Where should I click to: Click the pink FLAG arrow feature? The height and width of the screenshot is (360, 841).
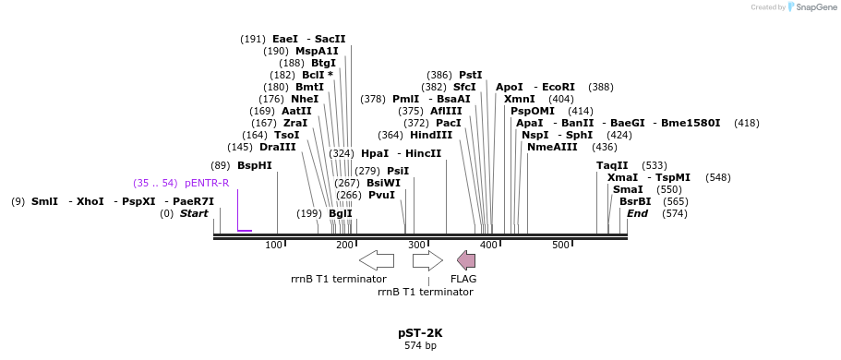(466, 260)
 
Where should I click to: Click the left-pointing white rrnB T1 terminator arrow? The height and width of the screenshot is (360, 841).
(376, 260)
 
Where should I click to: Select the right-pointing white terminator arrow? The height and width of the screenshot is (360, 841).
(427, 260)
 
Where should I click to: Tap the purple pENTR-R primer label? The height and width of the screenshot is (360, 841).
(207, 183)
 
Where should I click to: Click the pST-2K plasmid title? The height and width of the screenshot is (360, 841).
(420, 332)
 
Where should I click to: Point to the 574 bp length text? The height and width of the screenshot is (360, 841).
(420, 346)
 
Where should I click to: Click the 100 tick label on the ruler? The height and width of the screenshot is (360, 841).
(273, 245)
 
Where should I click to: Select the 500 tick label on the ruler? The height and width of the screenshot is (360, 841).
(560, 245)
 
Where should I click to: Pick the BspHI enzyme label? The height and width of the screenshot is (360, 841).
(255, 165)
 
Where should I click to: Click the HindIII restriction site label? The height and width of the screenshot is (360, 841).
(431, 135)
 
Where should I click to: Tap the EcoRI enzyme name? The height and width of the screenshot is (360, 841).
(559, 87)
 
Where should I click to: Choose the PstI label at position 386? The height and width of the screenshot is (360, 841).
(471, 75)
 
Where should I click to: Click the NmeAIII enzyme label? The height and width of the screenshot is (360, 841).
(552, 147)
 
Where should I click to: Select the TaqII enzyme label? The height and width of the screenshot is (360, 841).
(612, 165)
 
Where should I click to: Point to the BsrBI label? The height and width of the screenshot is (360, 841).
(635, 201)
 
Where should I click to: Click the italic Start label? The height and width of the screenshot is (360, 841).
(194, 213)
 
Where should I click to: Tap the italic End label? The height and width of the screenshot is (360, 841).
(637, 213)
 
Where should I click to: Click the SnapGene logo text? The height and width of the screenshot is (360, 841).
(812, 7)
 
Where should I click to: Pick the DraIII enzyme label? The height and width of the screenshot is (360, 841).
(278, 147)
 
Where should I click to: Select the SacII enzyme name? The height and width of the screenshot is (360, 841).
(330, 39)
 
